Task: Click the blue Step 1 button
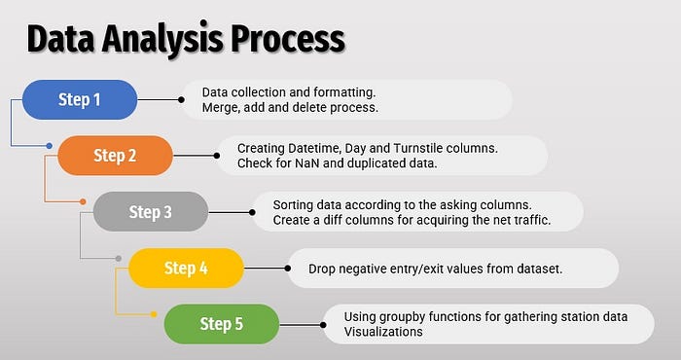click(80, 99)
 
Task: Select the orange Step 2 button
click(115, 156)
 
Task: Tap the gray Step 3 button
click(151, 211)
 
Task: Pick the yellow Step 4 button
click(187, 268)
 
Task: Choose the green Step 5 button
click(222, 324)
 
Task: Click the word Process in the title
click(288, 40)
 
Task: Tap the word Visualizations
click(383, 332)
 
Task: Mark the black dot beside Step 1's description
click(181, 100)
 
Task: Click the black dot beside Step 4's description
click(288, 269)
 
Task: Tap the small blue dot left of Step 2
click(49, 146)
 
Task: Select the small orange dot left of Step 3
click(83, 202)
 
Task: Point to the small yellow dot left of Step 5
click(154, 314)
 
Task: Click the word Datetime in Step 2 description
click(314, 149)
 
